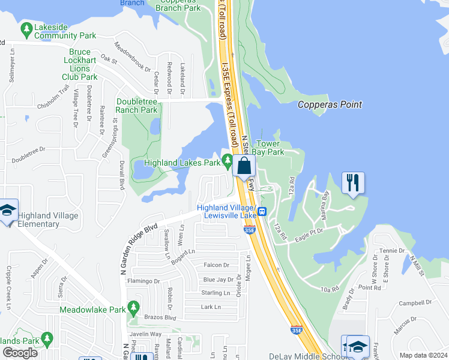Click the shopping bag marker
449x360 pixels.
(x=244, y=166)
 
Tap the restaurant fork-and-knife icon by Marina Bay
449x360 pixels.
(x=353, y=182)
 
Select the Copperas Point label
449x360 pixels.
(x=330, y=104)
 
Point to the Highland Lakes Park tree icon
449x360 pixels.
(x=227, y=160)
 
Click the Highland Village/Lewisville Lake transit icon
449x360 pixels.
(x=262, y=212)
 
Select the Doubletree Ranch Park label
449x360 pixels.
(x=137, y=106)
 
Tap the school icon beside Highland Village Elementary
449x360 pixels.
(x=8, y=210)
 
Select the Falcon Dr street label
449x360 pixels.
(x=217, y=265)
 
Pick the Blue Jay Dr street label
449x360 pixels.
(x=218, y=280)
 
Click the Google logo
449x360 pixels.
(x=20, y=353)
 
